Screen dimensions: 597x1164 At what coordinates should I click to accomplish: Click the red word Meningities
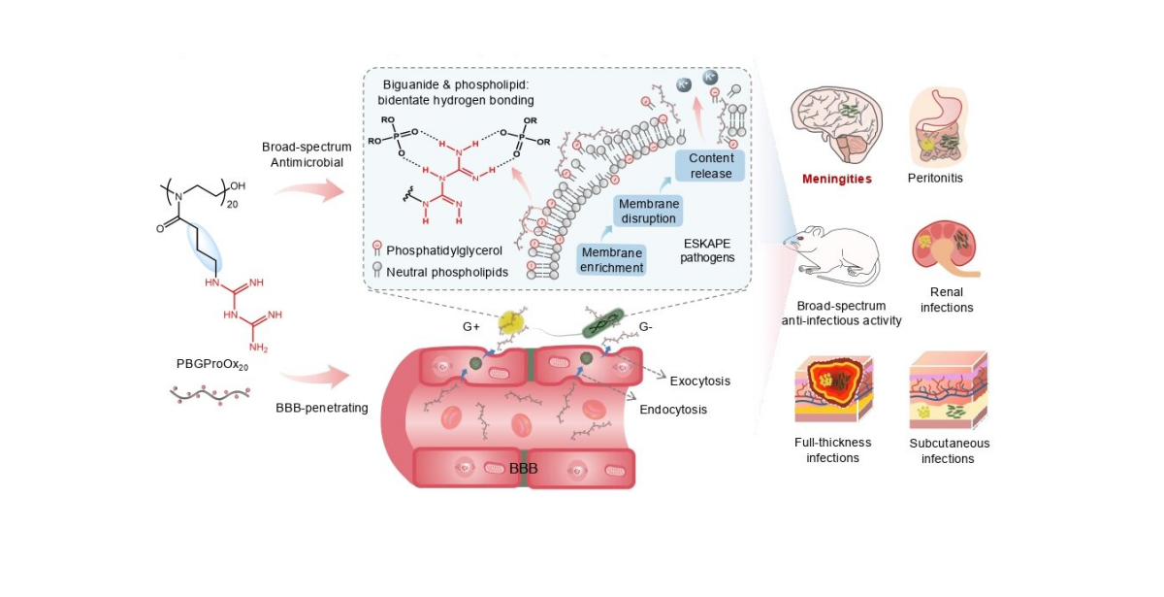point(836,179)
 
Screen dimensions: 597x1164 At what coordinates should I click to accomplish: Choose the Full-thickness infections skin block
point(833,391)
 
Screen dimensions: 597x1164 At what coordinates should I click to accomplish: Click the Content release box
point(710,165)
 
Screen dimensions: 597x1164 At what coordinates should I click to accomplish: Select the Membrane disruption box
point(647,211)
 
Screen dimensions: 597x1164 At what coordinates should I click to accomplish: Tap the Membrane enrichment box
point(612,259)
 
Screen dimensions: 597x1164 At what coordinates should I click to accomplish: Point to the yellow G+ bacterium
point(509,324)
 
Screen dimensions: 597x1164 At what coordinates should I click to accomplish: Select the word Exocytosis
point(699,381)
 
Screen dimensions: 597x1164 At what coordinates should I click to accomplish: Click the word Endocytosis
point(673,410)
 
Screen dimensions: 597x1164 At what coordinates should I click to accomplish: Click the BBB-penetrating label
point(322,408)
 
